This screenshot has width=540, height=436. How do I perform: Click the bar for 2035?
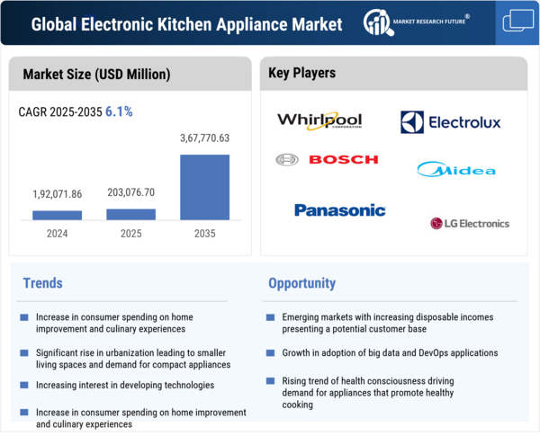(x=204, y=187)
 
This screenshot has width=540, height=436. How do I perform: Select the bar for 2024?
(x=57, y=215)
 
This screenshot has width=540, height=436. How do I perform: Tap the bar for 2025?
(x=130, y=214)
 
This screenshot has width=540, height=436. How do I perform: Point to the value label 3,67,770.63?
(x=204, y=138)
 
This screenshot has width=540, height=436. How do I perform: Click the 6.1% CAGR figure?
(x=119, y=111)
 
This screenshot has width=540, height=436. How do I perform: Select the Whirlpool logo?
(x=319, y=120)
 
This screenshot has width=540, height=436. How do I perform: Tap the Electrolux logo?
(x=450, y=121)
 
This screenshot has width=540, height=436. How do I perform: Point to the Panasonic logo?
(x=339, y=210)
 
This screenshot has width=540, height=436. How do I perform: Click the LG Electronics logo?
(x=469, y=223)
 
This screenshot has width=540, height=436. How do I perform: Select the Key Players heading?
(x=301, y=73)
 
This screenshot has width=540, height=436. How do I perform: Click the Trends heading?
(x=42, y=283)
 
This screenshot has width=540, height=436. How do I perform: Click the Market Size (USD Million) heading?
(x=96, y=74)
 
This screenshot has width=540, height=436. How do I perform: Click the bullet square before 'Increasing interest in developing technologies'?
(x=22, y=386)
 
